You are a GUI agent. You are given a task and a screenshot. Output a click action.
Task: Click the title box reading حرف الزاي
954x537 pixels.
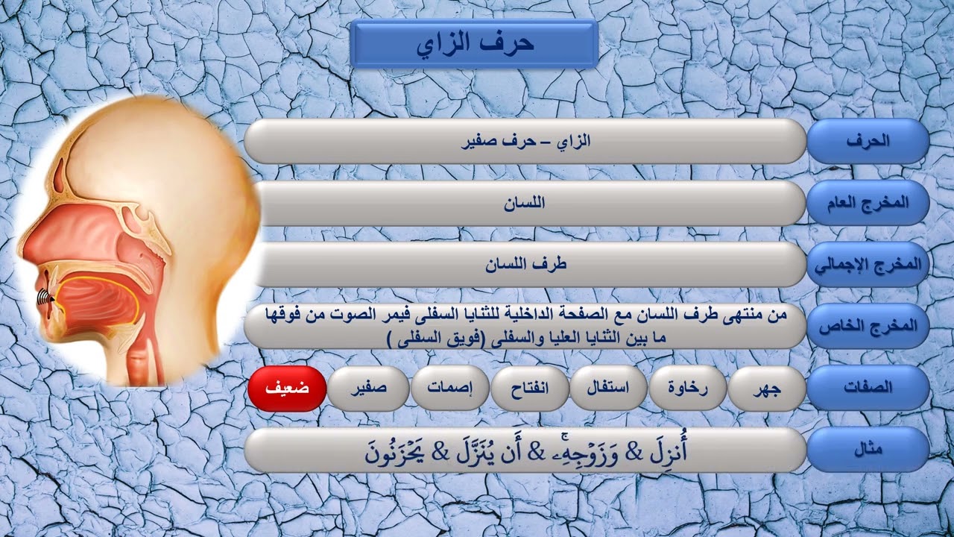[x=474, y=43]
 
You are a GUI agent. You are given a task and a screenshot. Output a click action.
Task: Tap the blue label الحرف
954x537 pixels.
[x=868, y=141]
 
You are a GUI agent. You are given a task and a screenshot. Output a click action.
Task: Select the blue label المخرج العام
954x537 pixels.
[x=868, y=202]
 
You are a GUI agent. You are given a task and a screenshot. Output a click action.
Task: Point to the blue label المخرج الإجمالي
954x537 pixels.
[x=868, y=264]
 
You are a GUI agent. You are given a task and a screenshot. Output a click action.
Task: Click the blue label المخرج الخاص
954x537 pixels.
[x=868, y=327]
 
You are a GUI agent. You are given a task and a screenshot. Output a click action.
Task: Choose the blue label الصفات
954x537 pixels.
[x=868, y=387]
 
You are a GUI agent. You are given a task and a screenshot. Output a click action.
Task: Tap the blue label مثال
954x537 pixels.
[x=868, y=450]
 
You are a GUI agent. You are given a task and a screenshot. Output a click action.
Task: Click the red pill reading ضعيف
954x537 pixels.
[x=287, y=388]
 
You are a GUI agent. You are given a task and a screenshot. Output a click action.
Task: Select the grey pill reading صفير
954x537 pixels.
[x=368, y=388]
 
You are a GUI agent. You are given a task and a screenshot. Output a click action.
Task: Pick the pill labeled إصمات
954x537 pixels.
[x=449, y=388]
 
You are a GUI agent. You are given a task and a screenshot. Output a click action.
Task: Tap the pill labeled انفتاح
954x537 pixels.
[x=530, y=388]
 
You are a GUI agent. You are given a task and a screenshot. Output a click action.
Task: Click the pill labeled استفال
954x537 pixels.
[x=609, y=388]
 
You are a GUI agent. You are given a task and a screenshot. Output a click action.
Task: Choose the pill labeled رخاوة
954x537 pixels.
[x=688, y=388]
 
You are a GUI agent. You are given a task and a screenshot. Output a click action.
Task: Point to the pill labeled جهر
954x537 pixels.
[x=767, y=388]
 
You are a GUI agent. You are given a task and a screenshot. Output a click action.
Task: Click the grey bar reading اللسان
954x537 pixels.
[x=525, y=203]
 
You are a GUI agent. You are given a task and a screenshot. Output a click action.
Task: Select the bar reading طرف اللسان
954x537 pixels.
[x=525, y=265]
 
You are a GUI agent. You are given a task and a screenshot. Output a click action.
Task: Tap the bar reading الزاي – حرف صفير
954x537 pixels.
[x=525, y=141]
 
